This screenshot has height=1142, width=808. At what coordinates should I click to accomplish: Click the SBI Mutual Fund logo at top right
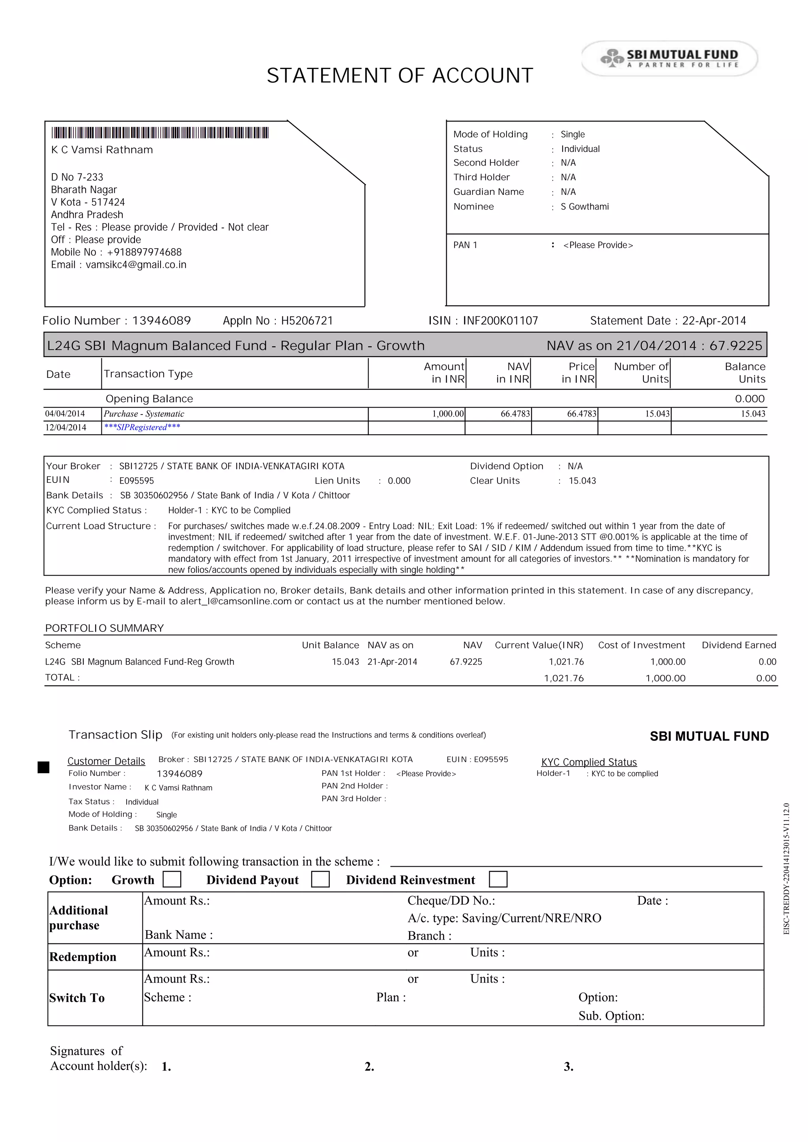669,58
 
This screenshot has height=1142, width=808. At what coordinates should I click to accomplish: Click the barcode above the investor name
160,133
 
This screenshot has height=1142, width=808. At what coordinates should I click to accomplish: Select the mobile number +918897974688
144,252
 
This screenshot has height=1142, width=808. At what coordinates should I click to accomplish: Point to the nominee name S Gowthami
585,206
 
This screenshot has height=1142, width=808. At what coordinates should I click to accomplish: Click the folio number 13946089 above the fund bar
161,321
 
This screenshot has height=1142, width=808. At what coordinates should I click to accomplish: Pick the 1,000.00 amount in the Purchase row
448,414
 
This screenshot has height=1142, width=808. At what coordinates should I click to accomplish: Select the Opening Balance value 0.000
749,399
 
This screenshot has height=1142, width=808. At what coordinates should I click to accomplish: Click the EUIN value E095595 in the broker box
137,481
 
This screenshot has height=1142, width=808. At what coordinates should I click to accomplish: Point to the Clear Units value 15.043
582,481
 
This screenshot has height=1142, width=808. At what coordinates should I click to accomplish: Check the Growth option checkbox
172,879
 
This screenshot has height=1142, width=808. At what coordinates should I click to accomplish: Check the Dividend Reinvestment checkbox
498,879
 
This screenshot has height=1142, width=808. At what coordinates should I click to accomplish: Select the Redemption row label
82,957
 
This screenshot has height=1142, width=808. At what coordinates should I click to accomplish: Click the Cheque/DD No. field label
451,901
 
